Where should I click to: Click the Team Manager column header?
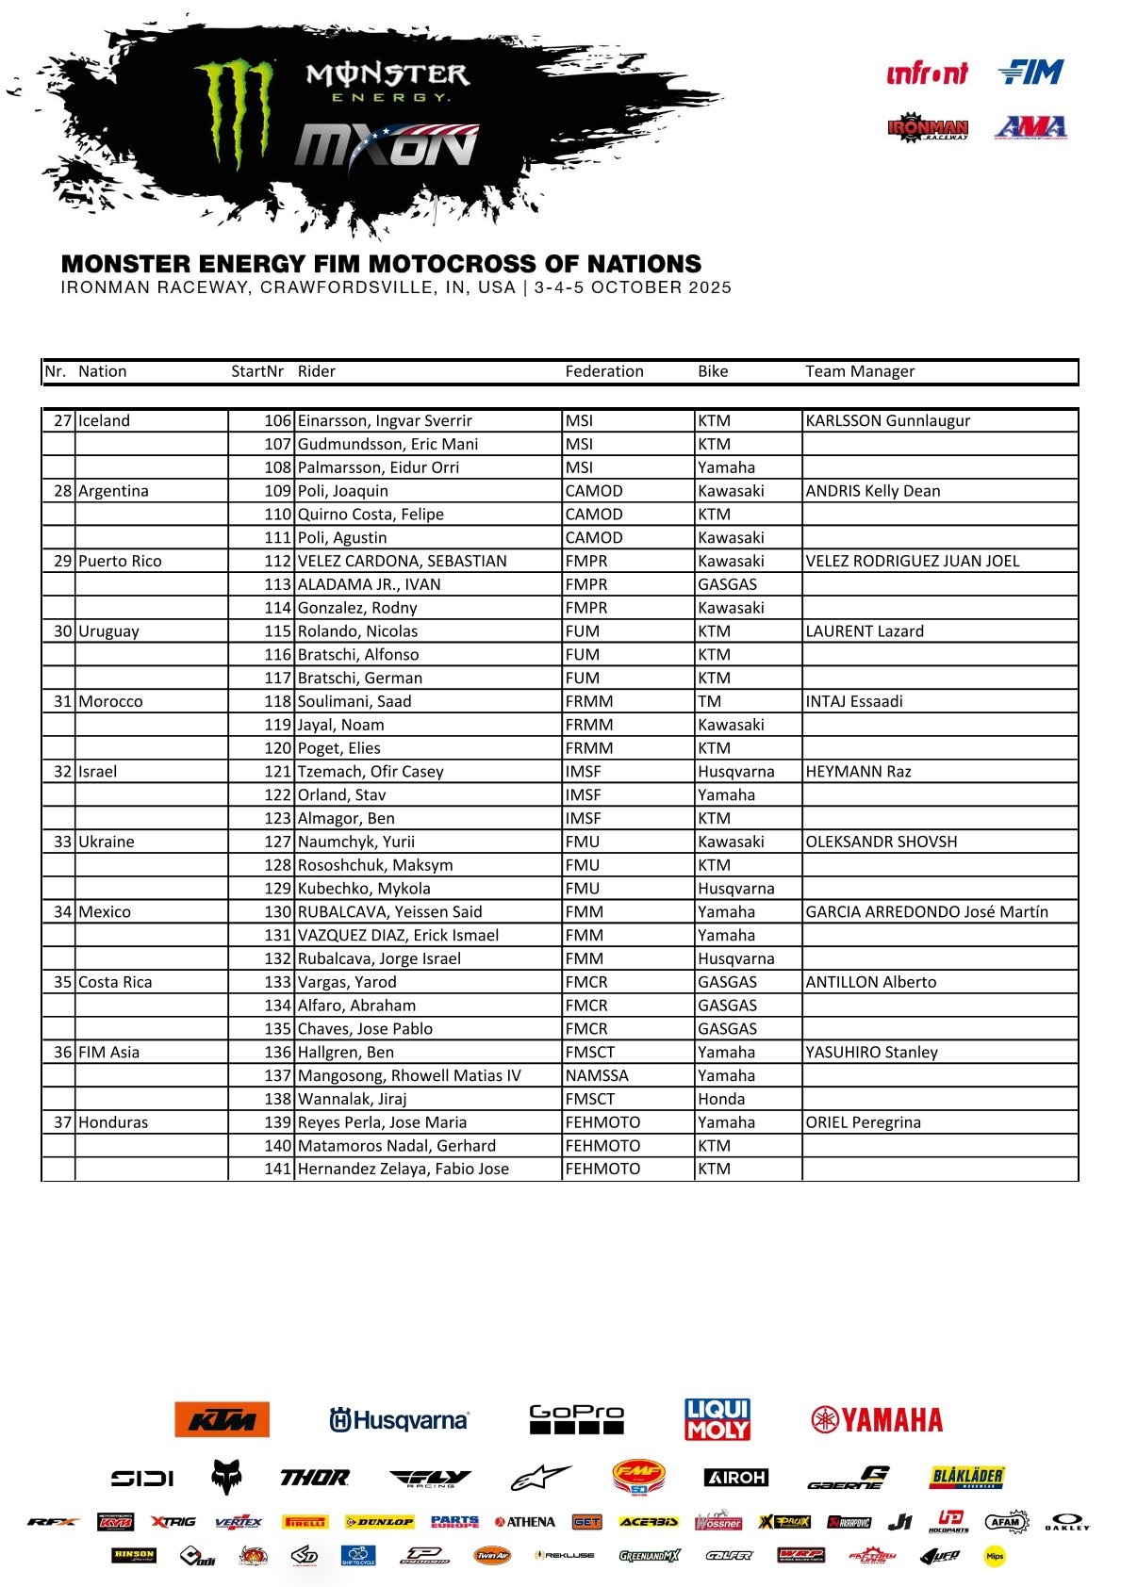pyautogui.click(x=859, y=371)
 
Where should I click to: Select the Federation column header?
pyautogui.click(x=603, y=371)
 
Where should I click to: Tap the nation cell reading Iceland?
pyautogui.click(x=104, y=420)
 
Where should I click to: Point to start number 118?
pyautogui.click(x=277, y=701)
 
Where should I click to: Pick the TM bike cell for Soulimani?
pyautogui.click(x=710, y=701)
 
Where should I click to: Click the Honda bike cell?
pyautogui.click(x=721, y=1099)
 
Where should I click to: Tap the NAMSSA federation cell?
pyautogui.click(x=597, y=1075)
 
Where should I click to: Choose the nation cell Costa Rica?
pyautogui.click(x=115, y=982)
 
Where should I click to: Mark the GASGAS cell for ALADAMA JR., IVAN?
pyautogui.click(x=727, y=584)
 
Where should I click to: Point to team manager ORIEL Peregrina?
pyautogui.click(x=863, y=1122)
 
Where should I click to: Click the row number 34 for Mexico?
pyautogui.click(x=62, y=911)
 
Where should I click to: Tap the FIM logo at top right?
pyautogui.click(x=1030, y=72)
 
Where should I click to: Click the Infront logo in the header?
pyautogui.click(x=927, y=73)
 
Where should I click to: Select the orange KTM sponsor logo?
pyautogui.click(x=222, y=1419)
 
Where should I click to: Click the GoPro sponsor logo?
pyautogui.click(x=576, y=1418)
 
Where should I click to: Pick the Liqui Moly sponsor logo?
pyautogui.click(x=717, y=1419)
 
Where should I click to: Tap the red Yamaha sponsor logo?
pyautogui.click(x=877, y=1419)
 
